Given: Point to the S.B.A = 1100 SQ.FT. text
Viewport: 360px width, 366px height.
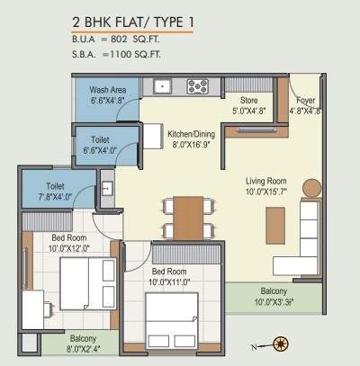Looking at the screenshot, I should (x=121, y=55).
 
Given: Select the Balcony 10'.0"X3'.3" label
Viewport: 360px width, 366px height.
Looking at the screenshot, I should (x=274, y=297).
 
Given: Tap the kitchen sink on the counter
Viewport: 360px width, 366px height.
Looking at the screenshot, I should (x=163, y=86).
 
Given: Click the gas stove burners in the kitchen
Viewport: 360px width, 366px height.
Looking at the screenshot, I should (x=197, y=86).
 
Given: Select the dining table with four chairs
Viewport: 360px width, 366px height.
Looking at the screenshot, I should (x=188, y=217).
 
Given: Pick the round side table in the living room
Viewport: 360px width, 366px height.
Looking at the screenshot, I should (x=311, y=189).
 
